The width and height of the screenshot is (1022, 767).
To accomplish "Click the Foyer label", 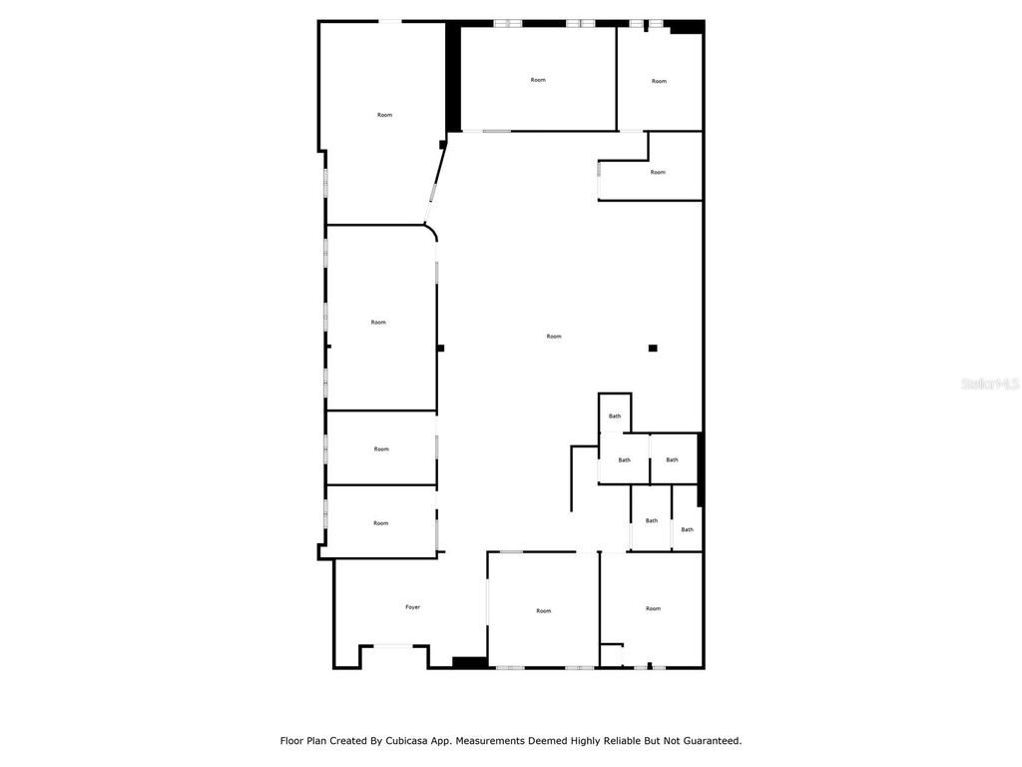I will [412, 607].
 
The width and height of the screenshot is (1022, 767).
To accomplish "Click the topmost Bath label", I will [615, 416].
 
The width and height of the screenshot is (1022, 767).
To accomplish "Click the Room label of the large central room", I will [554, 337].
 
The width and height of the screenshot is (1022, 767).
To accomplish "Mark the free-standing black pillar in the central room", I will [653, 348].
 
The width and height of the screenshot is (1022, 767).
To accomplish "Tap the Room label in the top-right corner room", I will [659, 81].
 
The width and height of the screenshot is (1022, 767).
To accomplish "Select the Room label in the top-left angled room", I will [384, 115].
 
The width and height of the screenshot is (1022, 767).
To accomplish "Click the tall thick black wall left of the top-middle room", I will [453, 78].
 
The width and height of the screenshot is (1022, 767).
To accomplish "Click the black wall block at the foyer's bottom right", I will [468, 661].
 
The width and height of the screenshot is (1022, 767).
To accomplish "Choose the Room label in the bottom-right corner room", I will [653, 608].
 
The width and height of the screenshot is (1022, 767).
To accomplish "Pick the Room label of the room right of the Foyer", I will [543, 610].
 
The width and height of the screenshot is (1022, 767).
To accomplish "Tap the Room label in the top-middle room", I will [538, 80].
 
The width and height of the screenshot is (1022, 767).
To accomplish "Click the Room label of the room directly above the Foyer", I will [380, 523].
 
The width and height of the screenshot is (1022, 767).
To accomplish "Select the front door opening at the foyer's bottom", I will [394, 646].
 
